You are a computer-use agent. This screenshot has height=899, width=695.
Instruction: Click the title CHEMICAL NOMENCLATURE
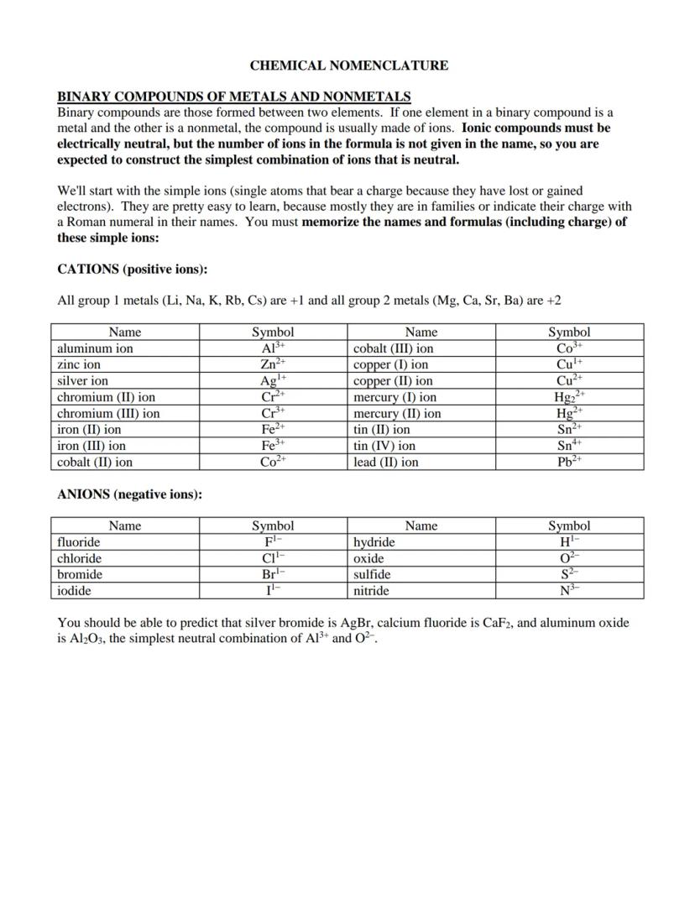[x=348, y=65]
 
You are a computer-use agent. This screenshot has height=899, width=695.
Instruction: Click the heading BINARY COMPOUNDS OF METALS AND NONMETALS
[x=233, y=97]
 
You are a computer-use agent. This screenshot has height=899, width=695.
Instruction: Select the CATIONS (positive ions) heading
[x=132, y=269]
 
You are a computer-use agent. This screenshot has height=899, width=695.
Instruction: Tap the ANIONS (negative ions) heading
[x=129, y=494]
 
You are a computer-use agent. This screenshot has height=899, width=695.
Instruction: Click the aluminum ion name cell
[x=95, y=348]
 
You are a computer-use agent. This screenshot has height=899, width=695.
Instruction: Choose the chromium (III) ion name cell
[x=108, y=413]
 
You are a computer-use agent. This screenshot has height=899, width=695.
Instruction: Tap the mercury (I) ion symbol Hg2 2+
[x=569, y=397]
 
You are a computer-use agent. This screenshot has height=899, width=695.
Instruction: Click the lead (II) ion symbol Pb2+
[x=569, y=462]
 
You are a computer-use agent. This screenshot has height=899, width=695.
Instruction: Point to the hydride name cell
[x=374, y=542]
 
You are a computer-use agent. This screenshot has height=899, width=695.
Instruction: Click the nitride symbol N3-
[x=569, y=591]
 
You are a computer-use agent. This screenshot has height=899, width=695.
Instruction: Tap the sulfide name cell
[x=372, y=575]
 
